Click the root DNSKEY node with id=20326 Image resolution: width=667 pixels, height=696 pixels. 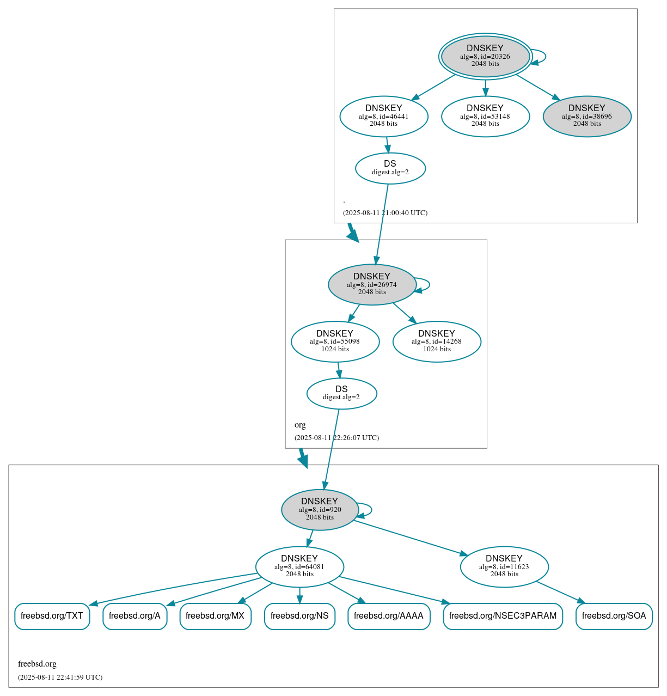(x=485, y=56)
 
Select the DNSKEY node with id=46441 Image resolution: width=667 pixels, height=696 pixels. (x=384, y=116)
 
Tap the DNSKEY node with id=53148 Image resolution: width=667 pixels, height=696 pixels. (x=485, y=116)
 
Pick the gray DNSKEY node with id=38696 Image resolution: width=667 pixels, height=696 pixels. (x=587, y=116)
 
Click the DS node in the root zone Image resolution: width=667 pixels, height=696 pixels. (x=390, y=168)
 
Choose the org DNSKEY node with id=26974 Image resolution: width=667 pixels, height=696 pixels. (x=372, y=284)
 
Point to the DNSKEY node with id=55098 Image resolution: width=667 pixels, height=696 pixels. (x=335, y=341)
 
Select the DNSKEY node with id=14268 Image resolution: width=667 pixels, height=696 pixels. (x=437, y=341)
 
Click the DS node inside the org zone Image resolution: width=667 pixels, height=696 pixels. (x=341, y=393)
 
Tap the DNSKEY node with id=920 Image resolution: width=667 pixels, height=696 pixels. (x=320, y=510)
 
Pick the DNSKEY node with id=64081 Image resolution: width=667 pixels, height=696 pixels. (x=299, y=567)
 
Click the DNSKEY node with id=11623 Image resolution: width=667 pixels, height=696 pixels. (x=504, y=567)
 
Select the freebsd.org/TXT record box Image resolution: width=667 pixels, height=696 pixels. (x=52, y=616)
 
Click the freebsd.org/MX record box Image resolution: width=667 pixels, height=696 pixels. (x=215, y=616)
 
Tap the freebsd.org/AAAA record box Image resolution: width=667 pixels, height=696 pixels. (x=389, y=616)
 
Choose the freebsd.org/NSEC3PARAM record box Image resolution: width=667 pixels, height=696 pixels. (x=503, y=616)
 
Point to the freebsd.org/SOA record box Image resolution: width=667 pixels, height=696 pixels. (x=614, y=616)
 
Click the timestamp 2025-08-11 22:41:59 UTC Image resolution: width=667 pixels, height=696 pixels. (x=60, y=677)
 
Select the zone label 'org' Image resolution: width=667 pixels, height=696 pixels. (x=300, y=425)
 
